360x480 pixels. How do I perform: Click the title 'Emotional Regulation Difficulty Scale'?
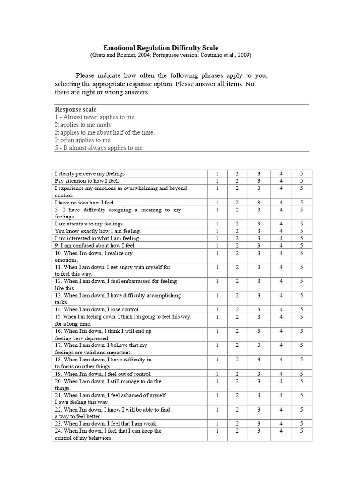tap(161, 48)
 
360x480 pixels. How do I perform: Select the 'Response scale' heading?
tap(75, 109)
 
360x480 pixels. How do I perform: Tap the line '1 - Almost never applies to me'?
tap(95, 117)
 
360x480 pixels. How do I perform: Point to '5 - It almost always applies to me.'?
tap(99, 148)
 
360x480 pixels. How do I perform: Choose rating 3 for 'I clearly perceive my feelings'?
tap(258, 174)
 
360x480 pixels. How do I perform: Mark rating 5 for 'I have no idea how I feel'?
tap(302, 202)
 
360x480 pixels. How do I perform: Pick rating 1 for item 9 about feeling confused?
tap(217, 245)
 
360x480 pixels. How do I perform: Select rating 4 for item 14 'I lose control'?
tap(281, 309)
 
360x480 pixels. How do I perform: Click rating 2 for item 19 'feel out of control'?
tap(237, 374)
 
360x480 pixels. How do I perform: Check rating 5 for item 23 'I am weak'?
tap(302, 424)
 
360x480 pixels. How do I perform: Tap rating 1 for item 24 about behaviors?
tap(217, 431)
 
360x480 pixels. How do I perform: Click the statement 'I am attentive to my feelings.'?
tap(90, 224)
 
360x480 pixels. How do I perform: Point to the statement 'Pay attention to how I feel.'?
tap(87, 181)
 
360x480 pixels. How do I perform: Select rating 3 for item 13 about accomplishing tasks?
tap(258, 296)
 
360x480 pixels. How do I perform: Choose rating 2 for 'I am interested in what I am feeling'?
tap(237, 238)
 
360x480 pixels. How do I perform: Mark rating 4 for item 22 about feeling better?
tap(281, 410)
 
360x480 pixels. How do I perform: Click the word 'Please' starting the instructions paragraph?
tap(85, 75)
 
